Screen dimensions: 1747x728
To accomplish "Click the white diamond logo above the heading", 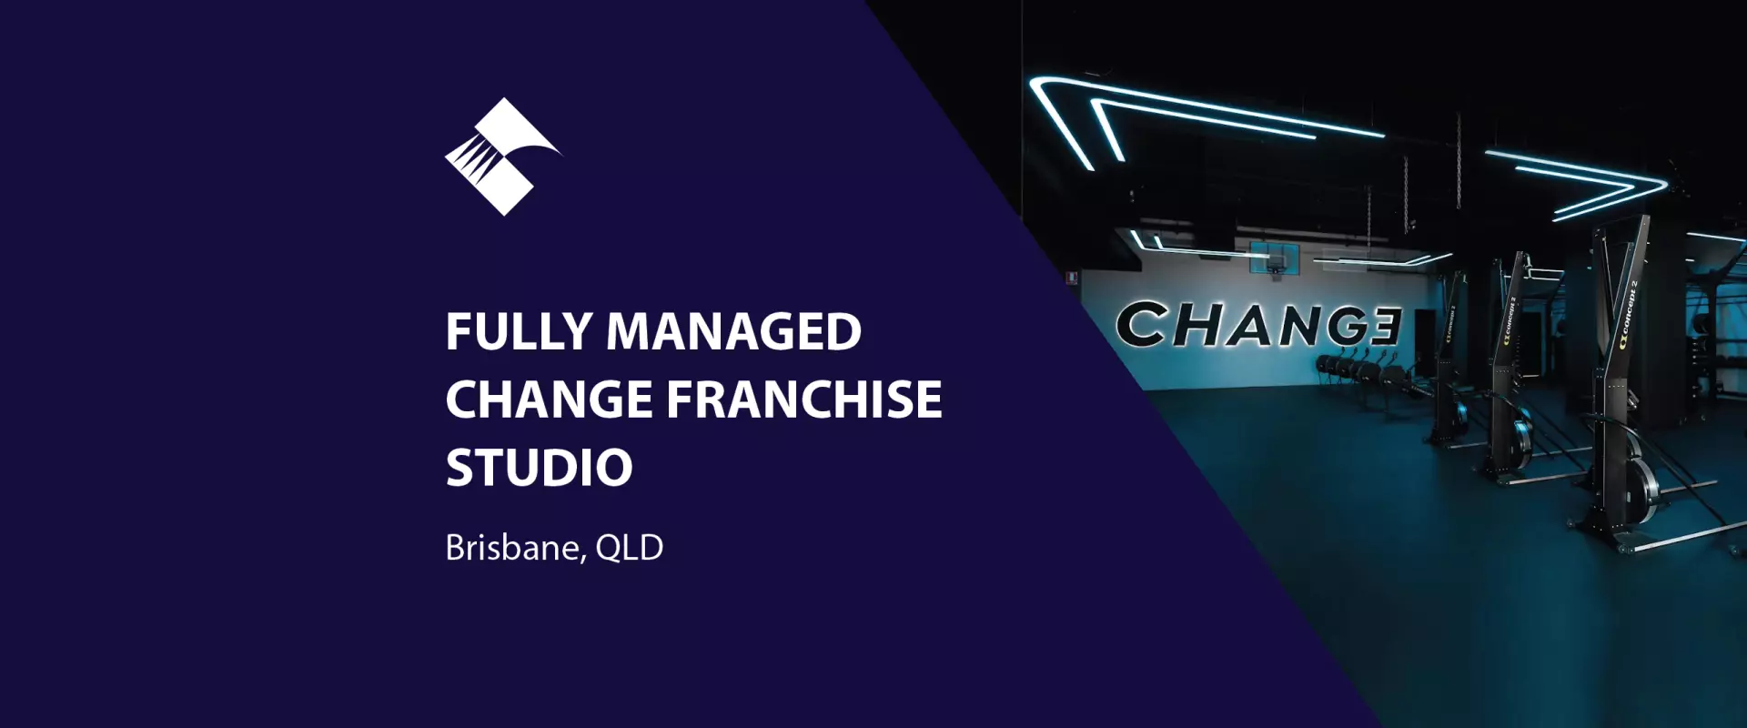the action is coord(502,157).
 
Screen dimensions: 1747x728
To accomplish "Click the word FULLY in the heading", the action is coord(519,331).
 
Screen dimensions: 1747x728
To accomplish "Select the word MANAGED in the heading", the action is coord(733,331).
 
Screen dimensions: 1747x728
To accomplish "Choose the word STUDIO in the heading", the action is coord(539,468).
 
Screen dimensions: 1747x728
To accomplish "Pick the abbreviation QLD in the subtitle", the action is coord(629,548).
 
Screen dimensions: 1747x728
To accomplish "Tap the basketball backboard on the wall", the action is coord(1273,258).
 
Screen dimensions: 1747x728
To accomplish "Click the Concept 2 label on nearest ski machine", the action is coord(1628,315).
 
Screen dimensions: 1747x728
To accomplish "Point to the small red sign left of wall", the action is coord(1073,278).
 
